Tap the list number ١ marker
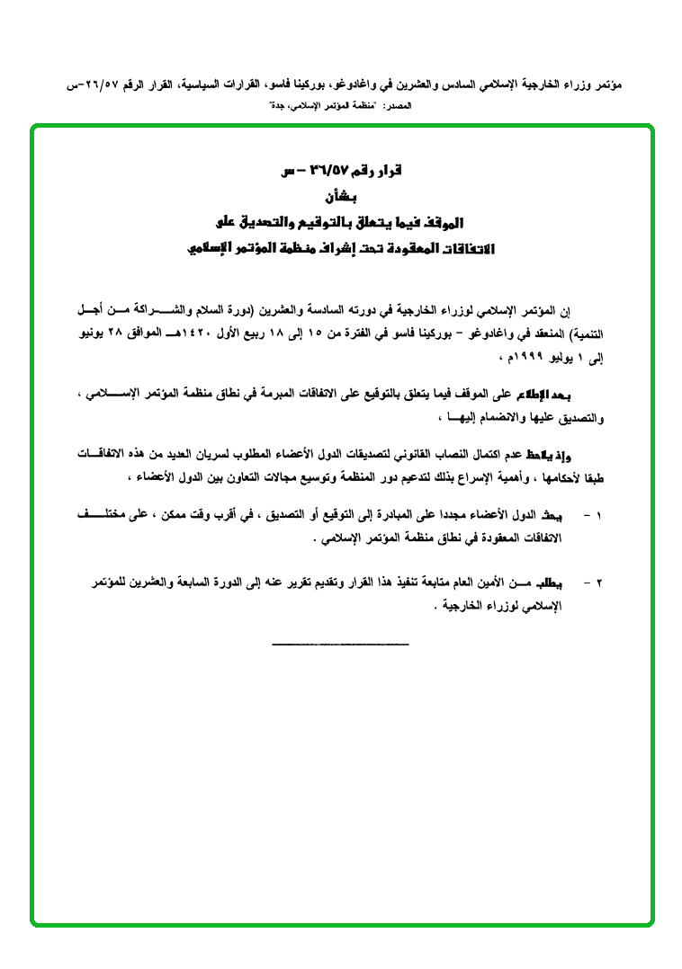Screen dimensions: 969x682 [x=598, y=517]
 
